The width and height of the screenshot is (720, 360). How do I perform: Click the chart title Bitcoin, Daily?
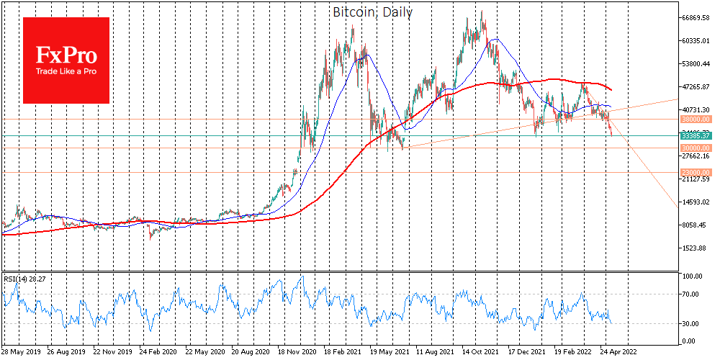[372, 12]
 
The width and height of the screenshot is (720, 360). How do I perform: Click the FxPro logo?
[66, 60]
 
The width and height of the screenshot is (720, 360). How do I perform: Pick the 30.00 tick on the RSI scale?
[690, 324]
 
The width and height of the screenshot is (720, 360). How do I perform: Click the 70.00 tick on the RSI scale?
[690, 294]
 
